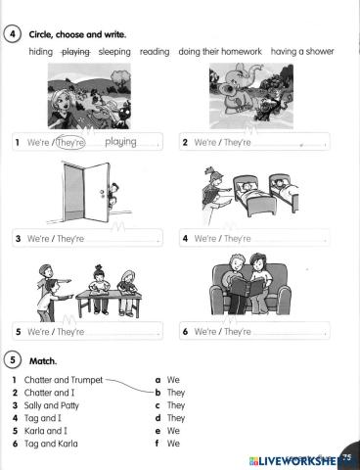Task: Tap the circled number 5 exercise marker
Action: pos(13,359)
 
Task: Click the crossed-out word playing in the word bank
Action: pos(75,51)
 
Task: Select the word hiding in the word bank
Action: pos(41,51)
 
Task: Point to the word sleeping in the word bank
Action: pos(114,51)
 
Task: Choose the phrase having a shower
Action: pos(302,51)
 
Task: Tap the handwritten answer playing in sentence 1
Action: pos(120,142)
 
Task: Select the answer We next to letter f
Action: pos(173,444)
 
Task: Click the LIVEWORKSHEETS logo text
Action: pos(296,458)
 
